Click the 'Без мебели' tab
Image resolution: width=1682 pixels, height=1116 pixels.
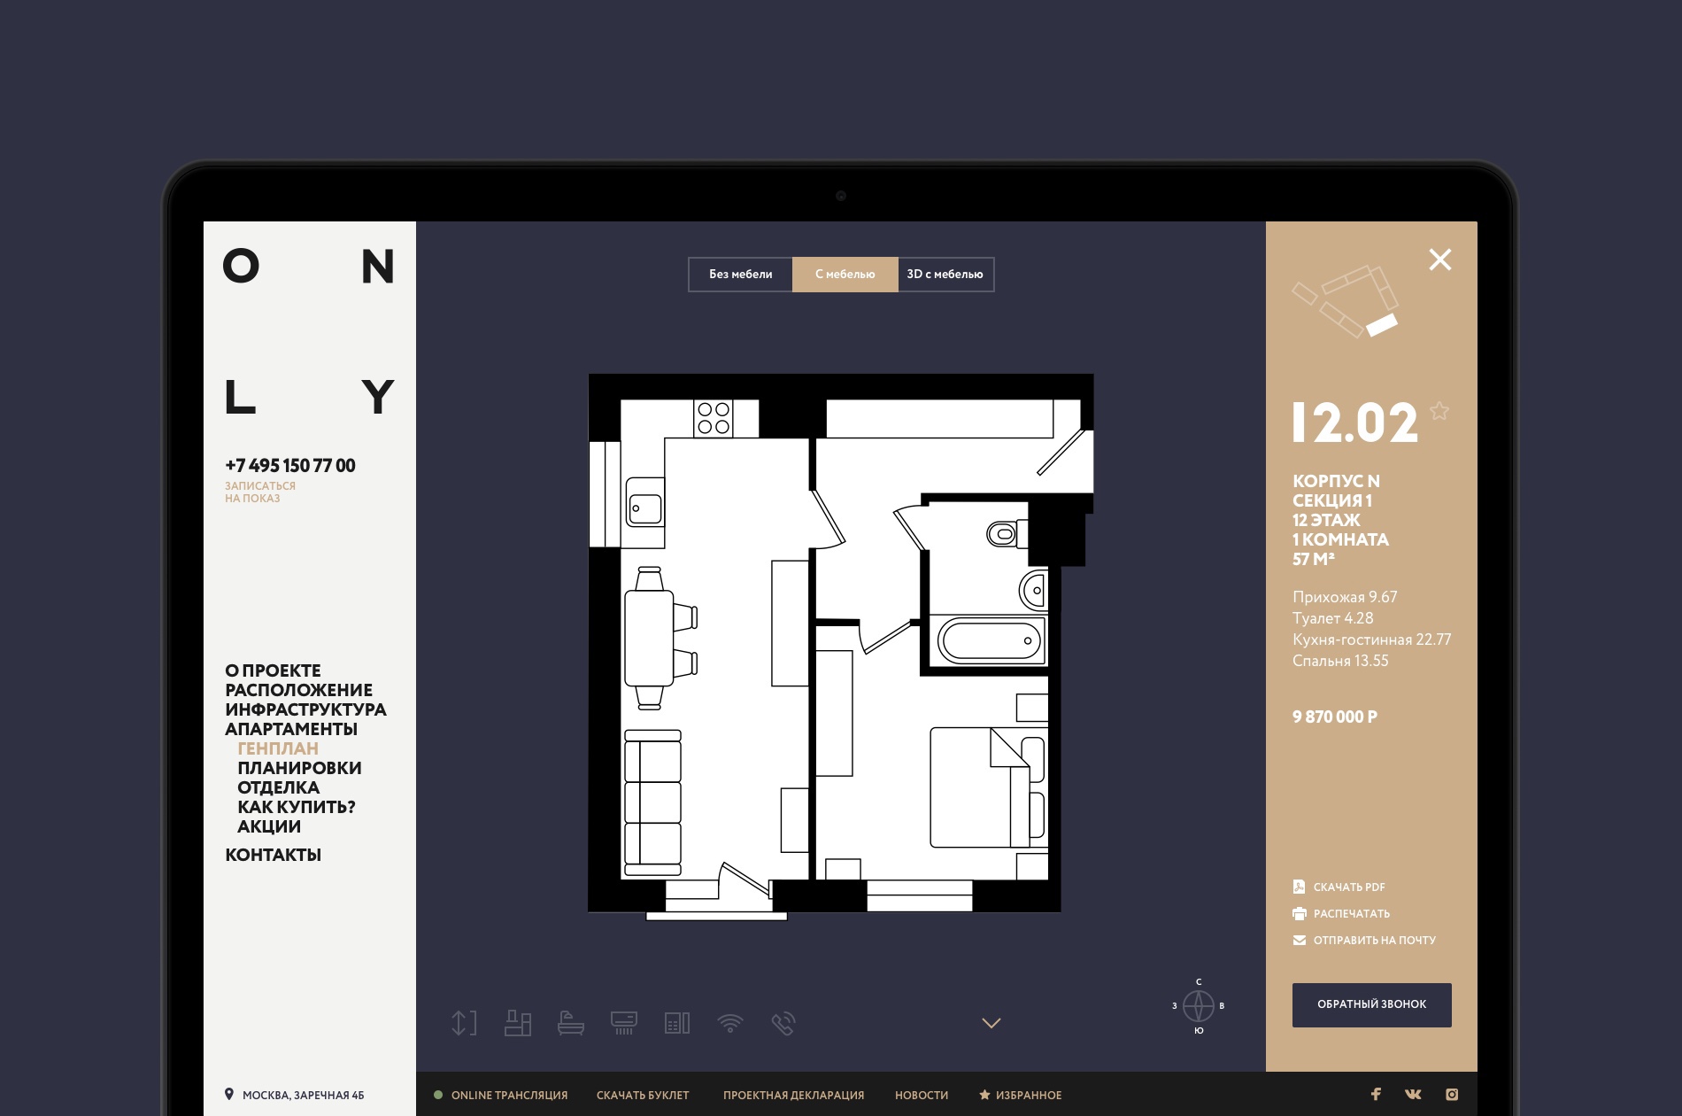(x=740, y=275)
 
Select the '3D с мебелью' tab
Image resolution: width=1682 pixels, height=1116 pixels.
(x=945, y=275)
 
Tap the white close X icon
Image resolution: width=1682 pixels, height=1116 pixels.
(x=1440, y=260)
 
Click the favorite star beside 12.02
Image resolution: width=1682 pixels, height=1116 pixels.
(x=1439, y=411)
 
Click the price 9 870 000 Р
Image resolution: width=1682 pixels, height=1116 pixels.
(x=1335, y=717)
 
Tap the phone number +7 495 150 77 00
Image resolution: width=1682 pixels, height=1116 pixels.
(x=290, y=466)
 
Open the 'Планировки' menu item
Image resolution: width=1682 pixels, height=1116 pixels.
(x=299, y=768)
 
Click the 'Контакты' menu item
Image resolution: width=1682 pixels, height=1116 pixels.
(x=273, y=855)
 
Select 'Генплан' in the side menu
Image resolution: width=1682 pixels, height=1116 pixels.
(x=278, y=748)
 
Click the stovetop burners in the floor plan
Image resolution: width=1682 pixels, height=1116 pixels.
(x=714, y=418)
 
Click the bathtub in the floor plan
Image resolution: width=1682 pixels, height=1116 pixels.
(x=991, y=640)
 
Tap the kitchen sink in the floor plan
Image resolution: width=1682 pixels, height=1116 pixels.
(x=645, y=502)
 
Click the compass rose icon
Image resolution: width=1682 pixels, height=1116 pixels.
(x=1199, y=1006)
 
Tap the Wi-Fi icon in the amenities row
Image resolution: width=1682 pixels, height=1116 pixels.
(x=730, y=1024)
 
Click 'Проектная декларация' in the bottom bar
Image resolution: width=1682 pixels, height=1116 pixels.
(x=793, y=1096)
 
